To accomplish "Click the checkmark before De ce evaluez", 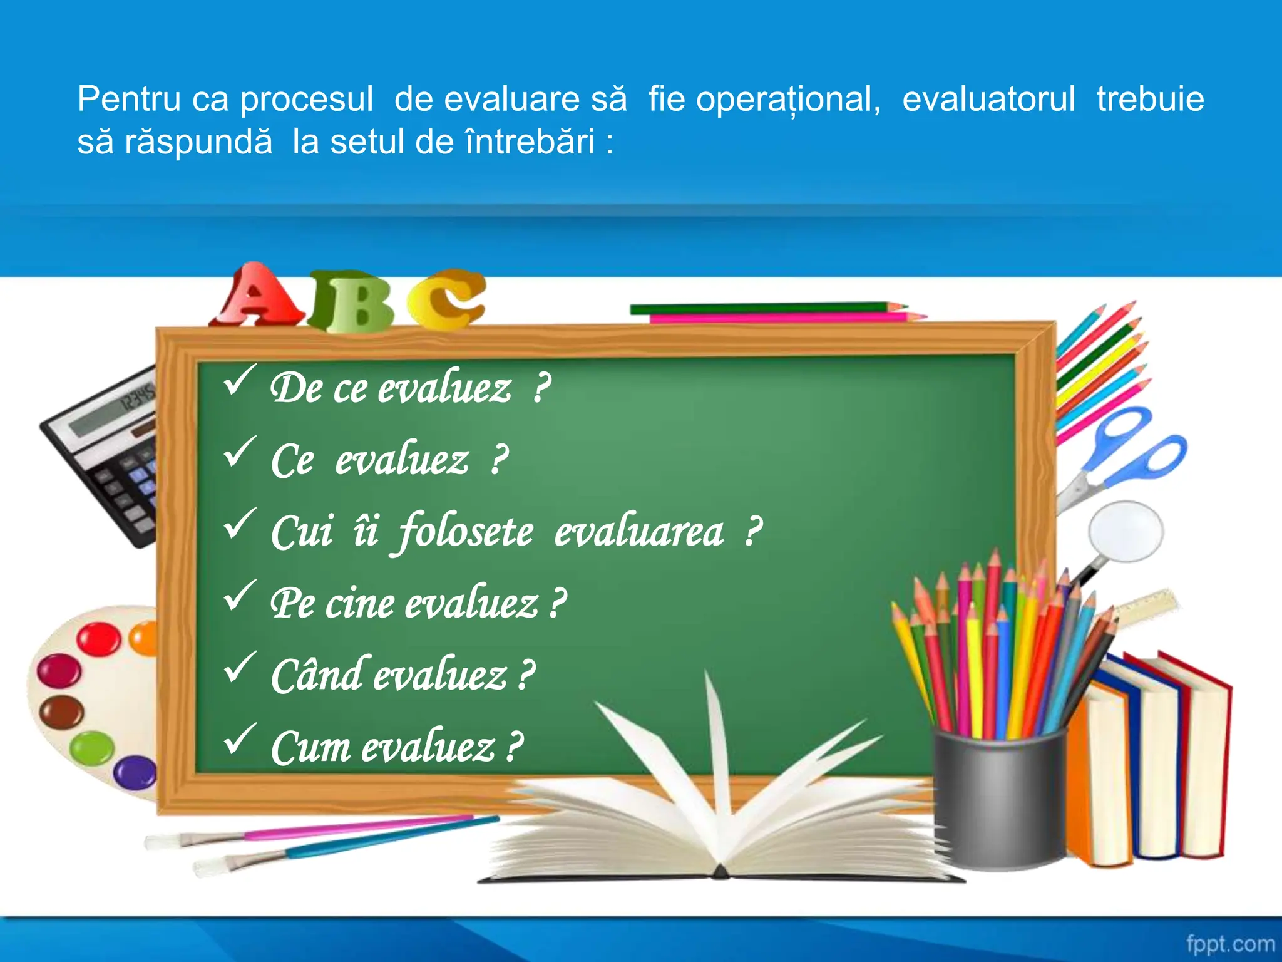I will (x=239, y=380).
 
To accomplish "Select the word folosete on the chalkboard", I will (x=466, y=532).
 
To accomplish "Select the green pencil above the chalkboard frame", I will (x=764, y=308).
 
